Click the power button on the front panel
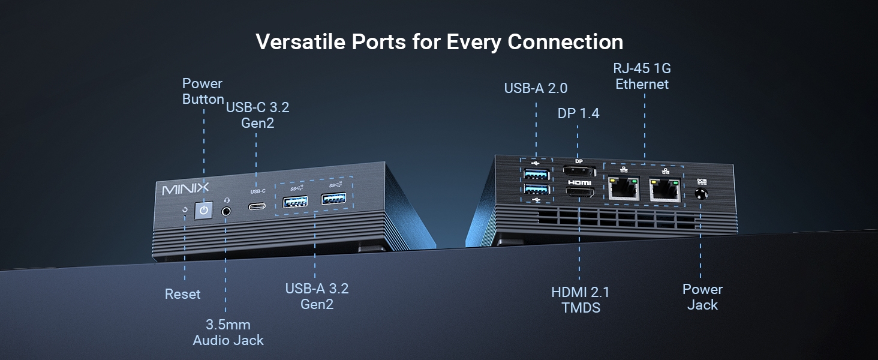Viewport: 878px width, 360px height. [204, 210]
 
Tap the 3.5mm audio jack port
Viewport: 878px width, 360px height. [226, 211]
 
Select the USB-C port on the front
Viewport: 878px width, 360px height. [257, 206]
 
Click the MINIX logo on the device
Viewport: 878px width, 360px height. [185, 188]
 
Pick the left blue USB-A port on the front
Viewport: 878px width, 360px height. [295, 202]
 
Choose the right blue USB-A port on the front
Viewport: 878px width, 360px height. [333, 199]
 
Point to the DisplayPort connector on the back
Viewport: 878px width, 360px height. [579, 171]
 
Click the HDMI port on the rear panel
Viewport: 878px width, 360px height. [580, 192]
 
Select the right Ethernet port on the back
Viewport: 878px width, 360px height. [665, 190]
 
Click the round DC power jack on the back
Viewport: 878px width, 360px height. [701, 194]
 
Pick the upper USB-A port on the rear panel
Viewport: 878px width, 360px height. [536, 173]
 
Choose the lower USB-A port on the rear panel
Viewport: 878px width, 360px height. [536, 190]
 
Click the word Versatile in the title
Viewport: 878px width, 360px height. [300, 41]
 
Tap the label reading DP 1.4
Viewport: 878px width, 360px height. [578, 113]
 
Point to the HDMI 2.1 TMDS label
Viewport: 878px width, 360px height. [581, 299]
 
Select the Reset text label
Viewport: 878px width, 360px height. [183, 294]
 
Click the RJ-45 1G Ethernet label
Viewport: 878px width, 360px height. [642, 76]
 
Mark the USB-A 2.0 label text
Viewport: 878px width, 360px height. [536, 88]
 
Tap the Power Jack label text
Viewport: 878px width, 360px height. [702, 297]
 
